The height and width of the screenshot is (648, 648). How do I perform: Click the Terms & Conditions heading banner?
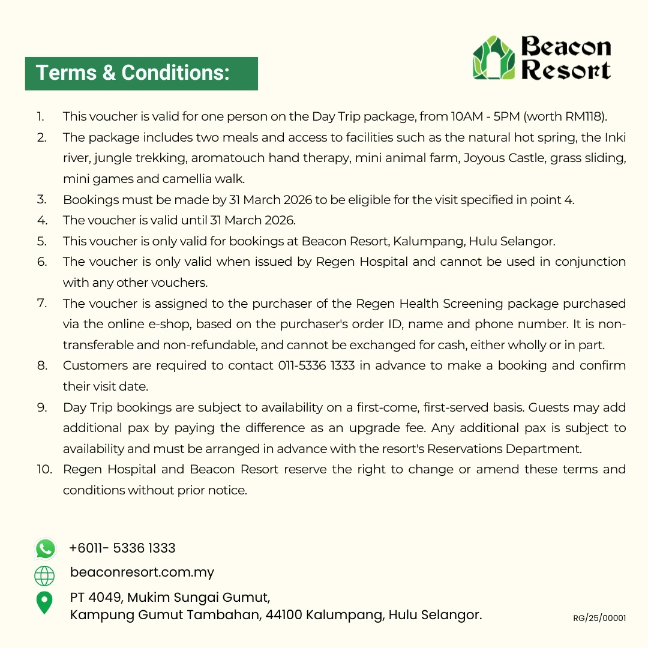coord(141,73)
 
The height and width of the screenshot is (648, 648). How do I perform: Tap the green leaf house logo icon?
coord(494,58)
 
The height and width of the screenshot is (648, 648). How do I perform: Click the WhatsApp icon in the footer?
coord(45,548)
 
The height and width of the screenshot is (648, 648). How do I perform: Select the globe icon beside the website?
coord(44,575)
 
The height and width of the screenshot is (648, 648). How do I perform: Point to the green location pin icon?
coord(44,602)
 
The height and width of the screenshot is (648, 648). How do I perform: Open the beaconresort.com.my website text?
coord(142,572)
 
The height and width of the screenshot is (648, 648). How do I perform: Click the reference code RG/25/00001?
coord(599,618)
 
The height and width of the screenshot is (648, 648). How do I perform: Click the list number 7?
coord(41,303)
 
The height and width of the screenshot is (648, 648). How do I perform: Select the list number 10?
coord(44,469)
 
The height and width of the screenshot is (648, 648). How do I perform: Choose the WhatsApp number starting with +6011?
coord(122,548)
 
